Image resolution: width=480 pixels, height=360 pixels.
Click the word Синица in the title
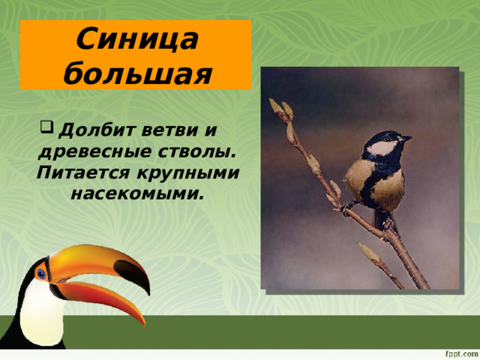[136, 37]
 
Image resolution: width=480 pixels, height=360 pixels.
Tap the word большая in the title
[136, 73]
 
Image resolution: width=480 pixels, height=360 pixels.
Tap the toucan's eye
[41, 273]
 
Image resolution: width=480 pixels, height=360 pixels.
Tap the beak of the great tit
[406, 138]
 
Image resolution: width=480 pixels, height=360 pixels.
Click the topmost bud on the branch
[275, 106]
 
